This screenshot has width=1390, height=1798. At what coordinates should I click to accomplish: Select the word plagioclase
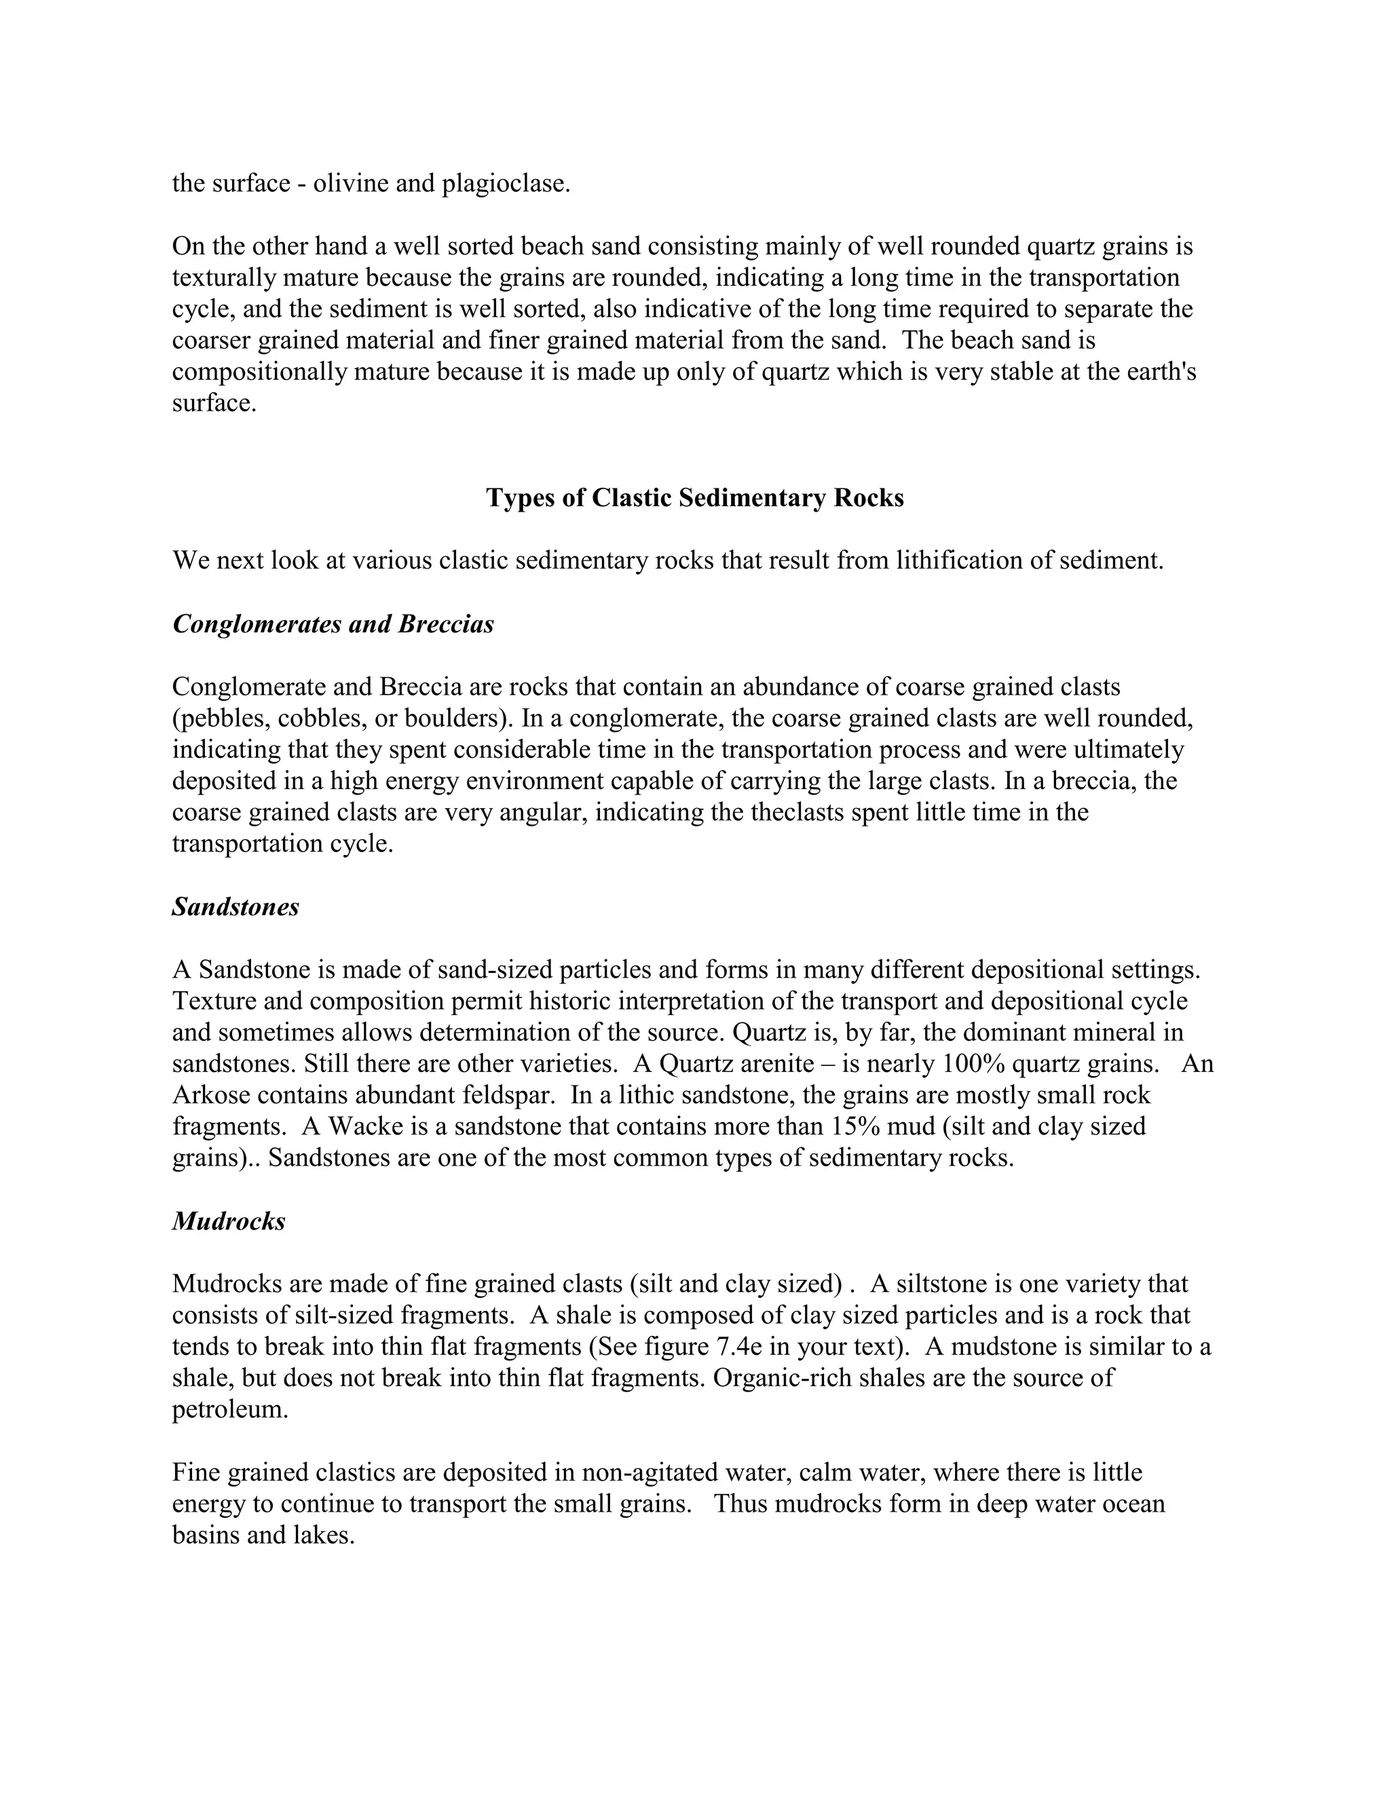tap(505, 183)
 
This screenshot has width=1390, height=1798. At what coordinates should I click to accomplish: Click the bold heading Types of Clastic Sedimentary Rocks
tap(695, 498)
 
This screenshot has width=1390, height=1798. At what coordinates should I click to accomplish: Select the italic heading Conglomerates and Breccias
tap(333, 624)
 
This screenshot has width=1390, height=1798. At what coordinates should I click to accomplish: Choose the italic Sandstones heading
tap(236, 907)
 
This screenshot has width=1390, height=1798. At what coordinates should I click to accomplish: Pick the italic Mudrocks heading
tap(229, 1221)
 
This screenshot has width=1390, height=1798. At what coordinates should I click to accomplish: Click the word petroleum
tap(230, 1409)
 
